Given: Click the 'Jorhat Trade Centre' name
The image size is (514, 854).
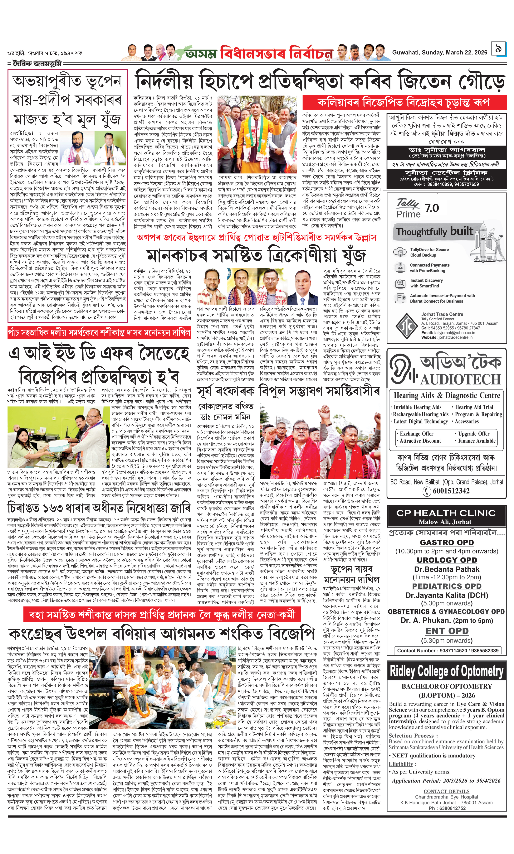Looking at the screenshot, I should click(437, 314).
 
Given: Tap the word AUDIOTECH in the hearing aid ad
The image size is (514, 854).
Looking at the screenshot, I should click(460, 379).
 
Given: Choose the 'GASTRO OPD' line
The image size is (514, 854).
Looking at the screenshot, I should click(447, 543).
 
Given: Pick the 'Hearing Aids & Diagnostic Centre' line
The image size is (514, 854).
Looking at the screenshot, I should click(447, 395).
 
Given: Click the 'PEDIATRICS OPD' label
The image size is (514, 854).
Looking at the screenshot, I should click(447, 586).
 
